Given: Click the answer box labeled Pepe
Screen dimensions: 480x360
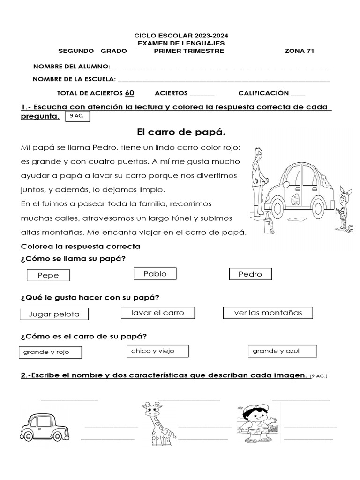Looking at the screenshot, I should click(x=48, y=275).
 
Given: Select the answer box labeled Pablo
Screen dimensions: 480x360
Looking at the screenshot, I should click(x=155, y=274).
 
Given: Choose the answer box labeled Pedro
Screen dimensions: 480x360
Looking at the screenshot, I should click(x=250, y=274).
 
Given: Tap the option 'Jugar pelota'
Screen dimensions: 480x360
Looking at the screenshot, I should click(x=54, y=314).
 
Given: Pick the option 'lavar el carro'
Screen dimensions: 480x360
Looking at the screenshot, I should click(x=157, y=313).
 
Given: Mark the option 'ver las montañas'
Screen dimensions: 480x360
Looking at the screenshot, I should click(x=268, y=313).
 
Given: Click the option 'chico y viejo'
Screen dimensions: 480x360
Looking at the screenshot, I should click(x=157, y=351).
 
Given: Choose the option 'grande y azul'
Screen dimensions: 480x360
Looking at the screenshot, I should click(x=282, y=351).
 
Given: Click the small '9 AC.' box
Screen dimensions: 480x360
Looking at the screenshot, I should click(x=77, y=116).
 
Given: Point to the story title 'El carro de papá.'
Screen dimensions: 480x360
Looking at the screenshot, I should click(x=178, y=132).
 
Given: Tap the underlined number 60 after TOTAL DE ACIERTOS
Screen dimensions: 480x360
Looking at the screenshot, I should click(x=130, y=93).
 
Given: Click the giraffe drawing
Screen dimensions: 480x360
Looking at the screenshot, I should click(x=157, y=423).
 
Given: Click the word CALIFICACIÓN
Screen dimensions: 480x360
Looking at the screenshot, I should click(x=263, y=93).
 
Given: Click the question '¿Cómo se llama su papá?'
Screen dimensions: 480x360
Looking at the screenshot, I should click(x=74, y=258).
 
